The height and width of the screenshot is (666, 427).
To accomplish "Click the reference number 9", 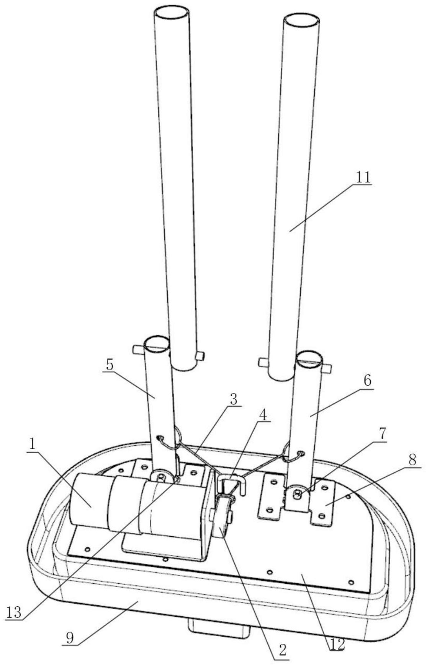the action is tap(70, 637).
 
